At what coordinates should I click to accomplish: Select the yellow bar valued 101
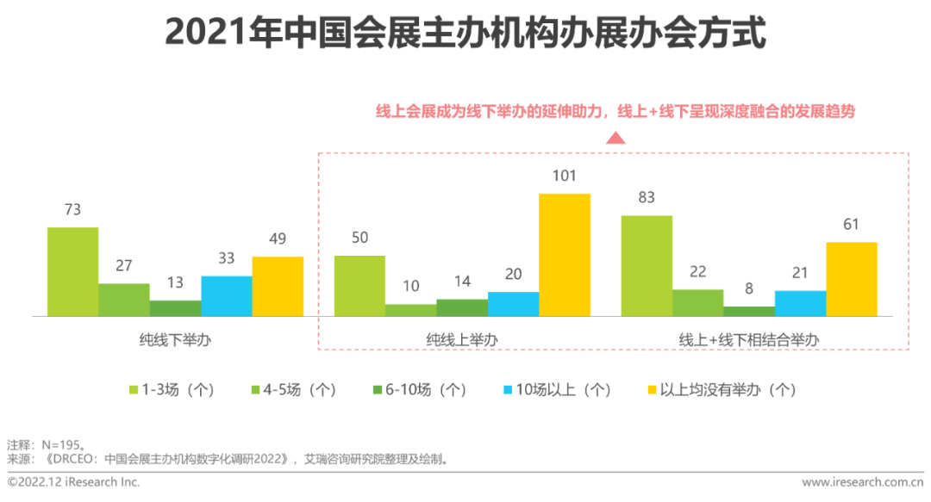[x=565, y=255]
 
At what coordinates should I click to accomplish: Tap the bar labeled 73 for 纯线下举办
[x=72, y=272]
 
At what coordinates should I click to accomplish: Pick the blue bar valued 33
[x=227, y=296]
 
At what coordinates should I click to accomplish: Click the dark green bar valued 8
[x=749, y=312]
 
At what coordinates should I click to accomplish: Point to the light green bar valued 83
[x=647, y=266]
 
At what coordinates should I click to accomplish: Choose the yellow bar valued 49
[x=278, y=287]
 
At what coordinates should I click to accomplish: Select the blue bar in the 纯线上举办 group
[x=514, y=304]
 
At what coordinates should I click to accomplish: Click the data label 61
[x=851, y=225]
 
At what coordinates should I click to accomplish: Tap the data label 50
[x=359, y=239]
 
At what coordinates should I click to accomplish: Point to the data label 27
[x=123, y=266]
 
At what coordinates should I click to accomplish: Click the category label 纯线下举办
[x=175, y=340]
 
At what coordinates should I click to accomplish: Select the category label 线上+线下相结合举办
[x=748, y=340]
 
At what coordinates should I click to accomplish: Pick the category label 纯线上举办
[x=462, y=340]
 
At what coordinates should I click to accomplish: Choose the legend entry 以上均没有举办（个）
[x=721, y=389]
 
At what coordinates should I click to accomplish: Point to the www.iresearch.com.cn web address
[x=863, y=482]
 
